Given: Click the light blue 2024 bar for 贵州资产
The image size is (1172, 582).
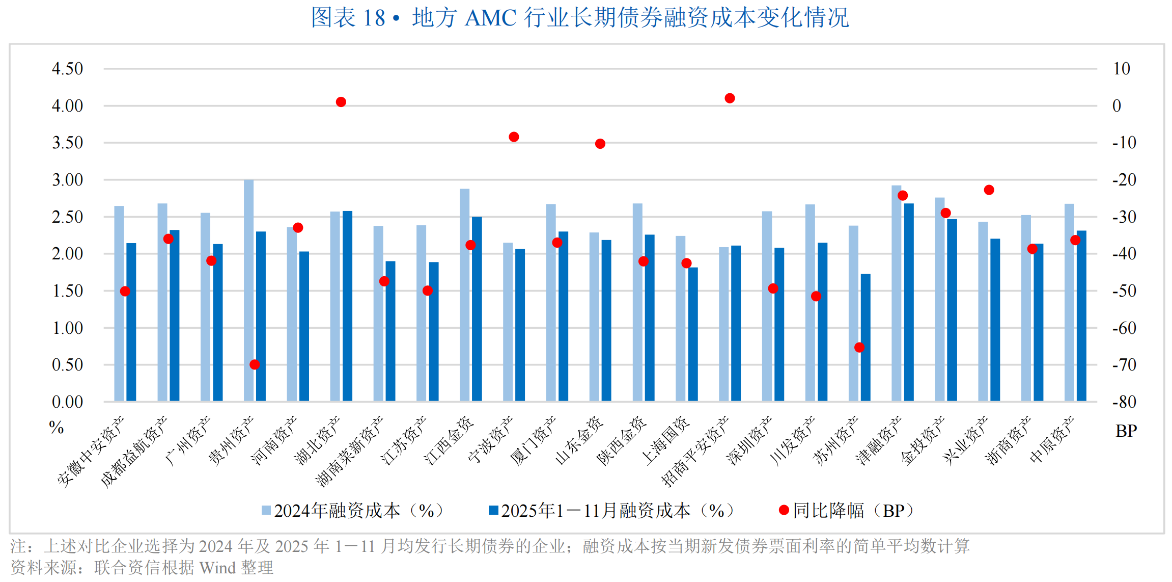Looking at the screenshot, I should coord(248,290).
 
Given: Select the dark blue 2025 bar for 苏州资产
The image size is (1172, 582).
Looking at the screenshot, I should coord(866,337).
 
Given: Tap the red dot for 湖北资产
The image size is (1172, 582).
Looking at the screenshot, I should coord(341,102).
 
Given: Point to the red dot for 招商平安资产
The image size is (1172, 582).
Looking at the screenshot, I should coord(730,98).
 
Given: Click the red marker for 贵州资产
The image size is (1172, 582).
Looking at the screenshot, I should coord(255,364).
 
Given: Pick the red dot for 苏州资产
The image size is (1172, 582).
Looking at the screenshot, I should coord(859,348).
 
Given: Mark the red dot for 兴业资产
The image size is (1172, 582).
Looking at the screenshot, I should coord(989,190).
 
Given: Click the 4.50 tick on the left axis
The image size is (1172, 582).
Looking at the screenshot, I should coord(67,69).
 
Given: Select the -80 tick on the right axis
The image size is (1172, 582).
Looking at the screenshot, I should coord(1124,402).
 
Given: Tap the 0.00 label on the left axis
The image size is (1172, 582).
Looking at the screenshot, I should coord(67,402).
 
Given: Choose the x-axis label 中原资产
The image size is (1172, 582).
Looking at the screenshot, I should coord(1052,439).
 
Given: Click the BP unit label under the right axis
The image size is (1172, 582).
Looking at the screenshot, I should coord(1126,431).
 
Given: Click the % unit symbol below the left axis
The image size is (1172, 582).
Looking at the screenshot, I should coord(57,427).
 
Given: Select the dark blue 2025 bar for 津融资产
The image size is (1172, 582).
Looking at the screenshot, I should coord(909,302).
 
